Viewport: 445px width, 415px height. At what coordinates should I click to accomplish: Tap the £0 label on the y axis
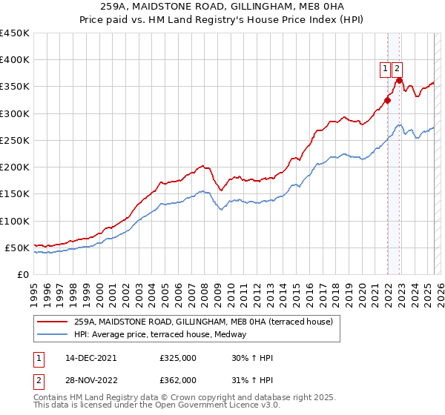point(22,274)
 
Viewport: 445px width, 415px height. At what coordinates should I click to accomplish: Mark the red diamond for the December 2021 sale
point(387,100)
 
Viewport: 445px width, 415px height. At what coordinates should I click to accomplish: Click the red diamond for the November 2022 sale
point(399,80)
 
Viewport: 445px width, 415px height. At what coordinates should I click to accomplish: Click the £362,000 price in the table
point(177,379)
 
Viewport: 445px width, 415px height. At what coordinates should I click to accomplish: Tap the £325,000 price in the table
point(177,358)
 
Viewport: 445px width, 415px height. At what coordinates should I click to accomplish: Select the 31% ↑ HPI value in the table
point(252,379)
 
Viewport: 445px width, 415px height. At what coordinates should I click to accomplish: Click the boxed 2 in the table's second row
point(38,379)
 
